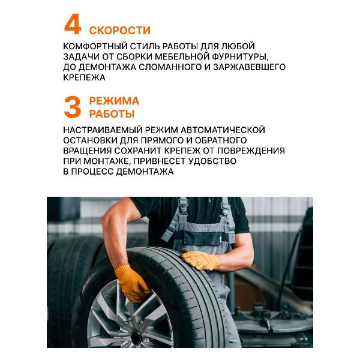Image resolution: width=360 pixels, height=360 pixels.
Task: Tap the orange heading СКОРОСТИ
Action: [x=119, y=31]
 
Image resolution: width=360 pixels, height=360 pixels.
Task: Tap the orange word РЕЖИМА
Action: [x=114, y=101]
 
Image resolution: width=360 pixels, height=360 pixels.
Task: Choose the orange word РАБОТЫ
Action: [x=112, y=114]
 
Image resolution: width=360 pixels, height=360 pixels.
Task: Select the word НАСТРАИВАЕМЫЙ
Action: [x=100, y=130]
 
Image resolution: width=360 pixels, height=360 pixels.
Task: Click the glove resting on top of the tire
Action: [x=202, y=259]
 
